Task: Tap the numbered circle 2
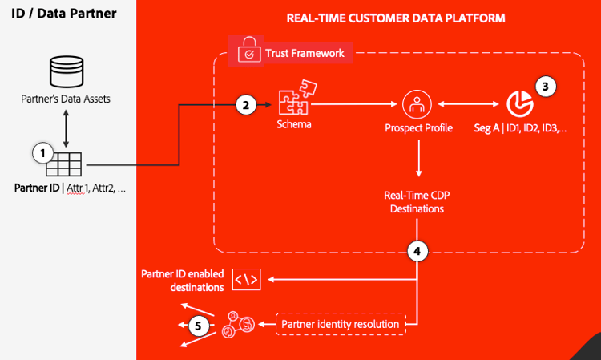pyautogui.click(x=247, y=104)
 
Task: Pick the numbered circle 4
pyautogui.click(x=417, y=251)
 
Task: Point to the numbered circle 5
pyautogui.click(x=199, y=326)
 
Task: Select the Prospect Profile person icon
pyautogui.click(x=417, y=103)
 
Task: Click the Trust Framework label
pyautogui.click(x=305, y=54)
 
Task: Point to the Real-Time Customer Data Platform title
pyautogui.click(x=396, y=18)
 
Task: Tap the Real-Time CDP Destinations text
pyautogui.click(x=417, y=202)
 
